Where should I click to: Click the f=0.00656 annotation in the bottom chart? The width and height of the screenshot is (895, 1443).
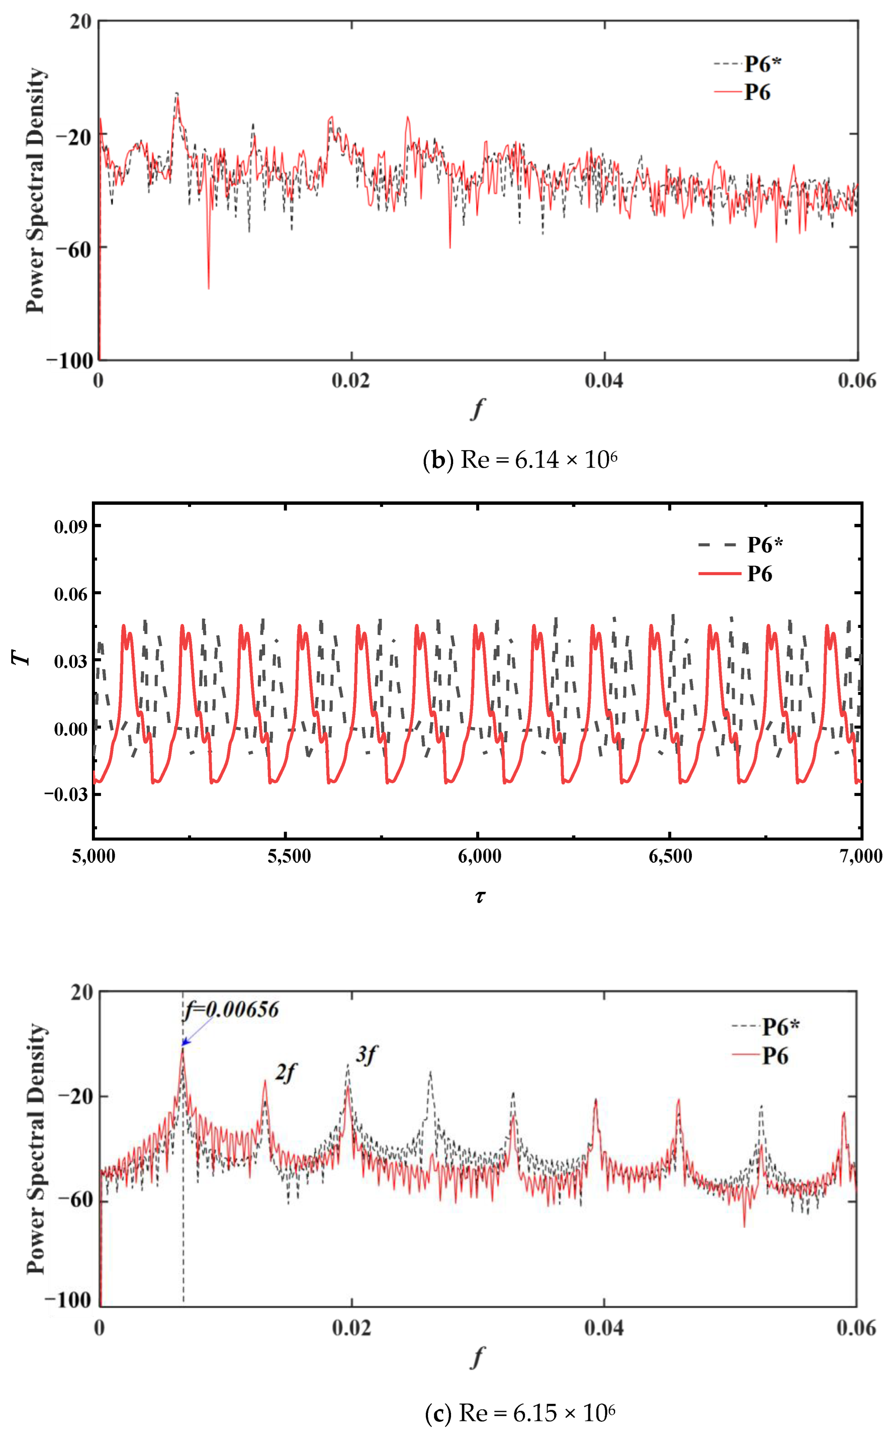click(x=231, y=1008)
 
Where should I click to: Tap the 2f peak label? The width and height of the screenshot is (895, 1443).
click(x=285, y=1072)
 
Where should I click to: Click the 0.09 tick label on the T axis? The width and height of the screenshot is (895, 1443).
click(x=70, y=526)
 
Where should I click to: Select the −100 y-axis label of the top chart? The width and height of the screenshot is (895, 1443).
click(x=70, y=361)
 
